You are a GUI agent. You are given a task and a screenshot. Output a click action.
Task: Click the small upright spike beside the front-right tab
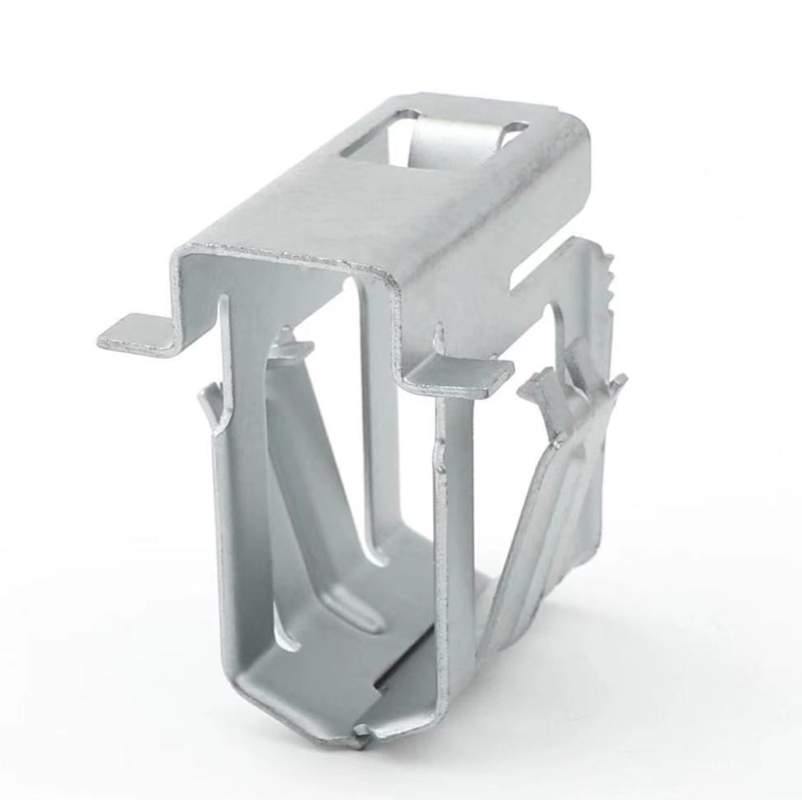(x=439, y=335)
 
